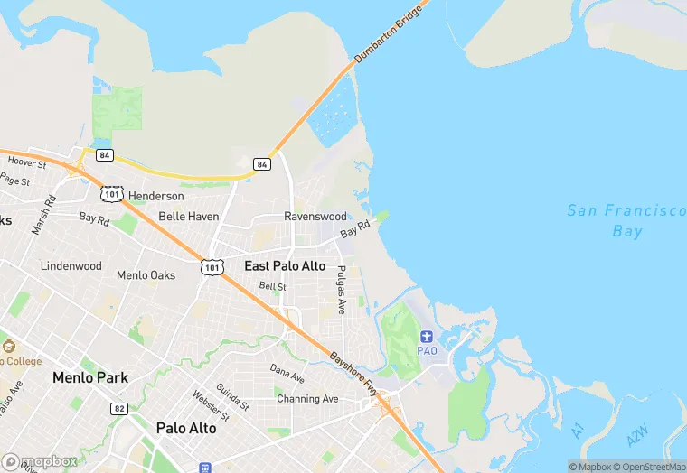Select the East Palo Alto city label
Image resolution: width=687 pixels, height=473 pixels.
pyautogui.click(x=285, y=266)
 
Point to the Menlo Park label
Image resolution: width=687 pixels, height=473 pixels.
pyautogui.click(x=90, y=377)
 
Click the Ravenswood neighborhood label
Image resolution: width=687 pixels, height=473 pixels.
pyautogui.click(x=315, y=217)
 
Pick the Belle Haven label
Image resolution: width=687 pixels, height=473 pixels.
pyautogui.click(x=189, y=217)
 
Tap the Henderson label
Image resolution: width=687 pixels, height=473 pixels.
pyautogui.click(x=155, y=196)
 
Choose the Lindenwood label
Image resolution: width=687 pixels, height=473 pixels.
pyautogui.click(x=71, y=266)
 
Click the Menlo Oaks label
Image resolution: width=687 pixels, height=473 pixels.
pyautogui.click(x=146, y=275)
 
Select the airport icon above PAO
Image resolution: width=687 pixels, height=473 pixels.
pyautogui.click(x=427, y=336)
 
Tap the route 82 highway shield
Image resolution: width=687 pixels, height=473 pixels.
pyautogui.click(x=118, y=409)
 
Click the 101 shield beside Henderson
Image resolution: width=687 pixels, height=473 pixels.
pyautogui.click(x=112, y=194)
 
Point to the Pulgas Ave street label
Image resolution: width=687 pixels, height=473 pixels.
pyautogui.click(x=341, y=288)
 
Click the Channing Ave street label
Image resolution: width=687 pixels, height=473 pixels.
pyautogui.click(x=307, y=398)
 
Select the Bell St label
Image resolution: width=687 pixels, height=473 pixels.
pyautogui.click(x=272, y=286)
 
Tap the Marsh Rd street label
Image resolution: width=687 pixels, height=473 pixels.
pyautogui.click(x=43, y=216)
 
